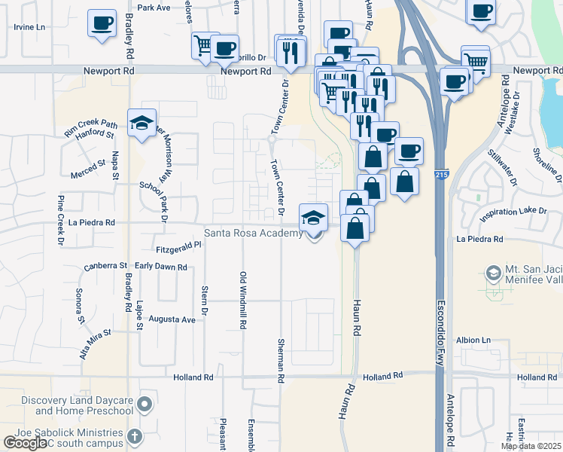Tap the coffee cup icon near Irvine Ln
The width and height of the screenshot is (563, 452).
point(102,23)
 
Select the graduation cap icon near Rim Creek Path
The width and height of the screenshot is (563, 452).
point(142,124)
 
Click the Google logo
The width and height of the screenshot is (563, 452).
point(25,443)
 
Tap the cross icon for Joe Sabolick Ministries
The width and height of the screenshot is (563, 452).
point(134,436)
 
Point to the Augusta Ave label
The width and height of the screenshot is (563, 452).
point(172,319)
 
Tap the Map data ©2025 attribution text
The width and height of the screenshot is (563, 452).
point(531,446)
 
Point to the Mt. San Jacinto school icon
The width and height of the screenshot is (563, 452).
point(495,273)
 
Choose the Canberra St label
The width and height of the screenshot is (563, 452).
point(106,266)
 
